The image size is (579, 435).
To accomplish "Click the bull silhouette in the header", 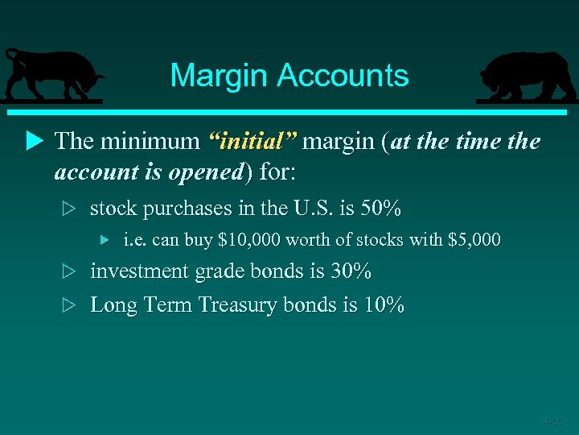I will (52, 75).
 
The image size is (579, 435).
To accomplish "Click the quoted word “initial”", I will (253, 142).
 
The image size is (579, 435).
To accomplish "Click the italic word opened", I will (206, 172).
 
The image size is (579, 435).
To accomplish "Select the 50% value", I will (380, 209).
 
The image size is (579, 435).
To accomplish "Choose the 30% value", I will (351, 271).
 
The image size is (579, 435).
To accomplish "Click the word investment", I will (142, 271).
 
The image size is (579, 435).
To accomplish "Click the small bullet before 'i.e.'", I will (104, 240).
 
